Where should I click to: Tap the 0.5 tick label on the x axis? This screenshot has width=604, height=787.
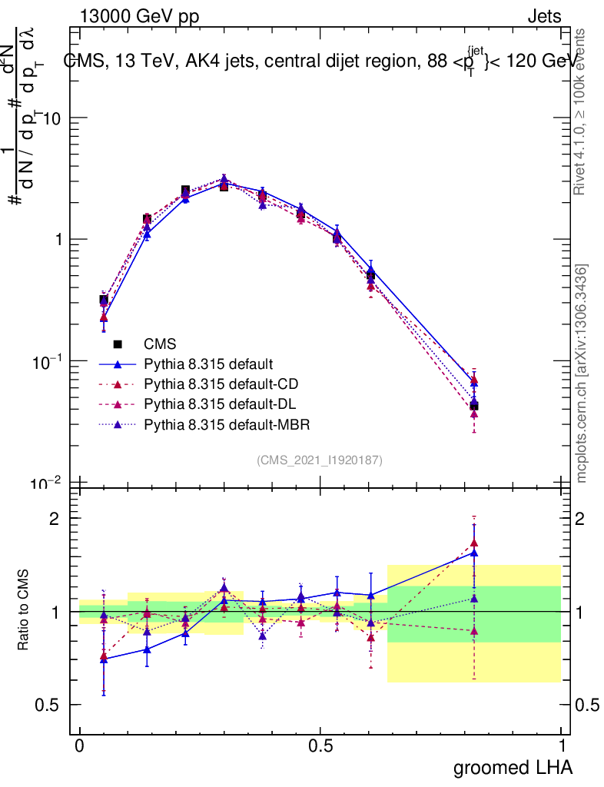pos(320,746)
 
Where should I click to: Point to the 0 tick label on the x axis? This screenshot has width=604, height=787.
pos(80,746)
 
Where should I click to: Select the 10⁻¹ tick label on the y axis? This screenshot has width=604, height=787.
pos(48,361)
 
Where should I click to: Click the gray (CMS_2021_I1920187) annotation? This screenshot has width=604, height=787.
pos(320,460)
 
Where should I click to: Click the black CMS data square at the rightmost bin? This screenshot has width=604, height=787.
pos(474,406)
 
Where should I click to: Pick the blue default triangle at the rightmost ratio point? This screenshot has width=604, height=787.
pos(474,552)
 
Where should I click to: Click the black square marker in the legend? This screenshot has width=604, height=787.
pos(118,344)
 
